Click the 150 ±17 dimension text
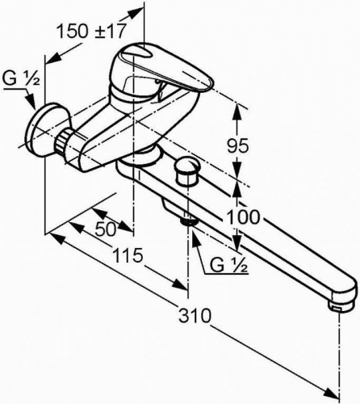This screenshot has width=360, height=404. coord(92,31)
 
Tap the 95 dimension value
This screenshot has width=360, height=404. coord(237,146)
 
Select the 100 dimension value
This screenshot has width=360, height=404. coord(244,217)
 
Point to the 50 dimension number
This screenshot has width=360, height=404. coord(106,229)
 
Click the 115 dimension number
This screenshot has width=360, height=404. coord(128,255)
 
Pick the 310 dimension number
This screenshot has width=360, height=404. coord(195,315)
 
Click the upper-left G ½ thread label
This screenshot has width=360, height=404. coord(21,79)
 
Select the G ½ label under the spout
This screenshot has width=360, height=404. coord(228,265)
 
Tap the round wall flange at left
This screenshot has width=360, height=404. coord(43,129)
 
